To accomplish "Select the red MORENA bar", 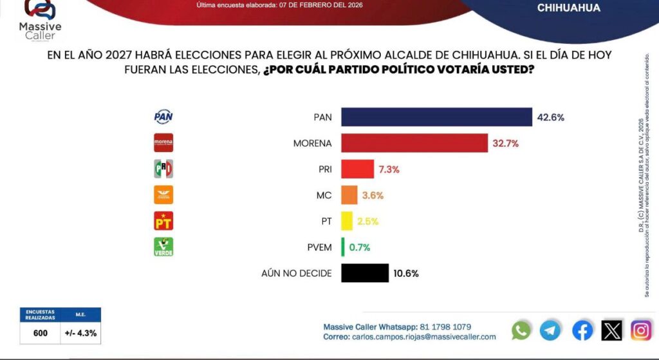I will [x=414, y=143].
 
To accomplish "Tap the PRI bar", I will [x=357, y=169].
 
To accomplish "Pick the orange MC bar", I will [x=349, y=195].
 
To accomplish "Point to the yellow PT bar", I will [x=347, y=221].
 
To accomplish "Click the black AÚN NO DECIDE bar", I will [x=365, y=273].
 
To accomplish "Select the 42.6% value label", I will [x=550, y=117].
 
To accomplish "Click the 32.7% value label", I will [x=506, y=143].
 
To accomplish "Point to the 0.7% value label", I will [x=359, y=247].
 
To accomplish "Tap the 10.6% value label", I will [x=405, y=273].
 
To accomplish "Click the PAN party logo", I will [x=163, y=117].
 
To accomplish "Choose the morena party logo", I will [x=163, y=143].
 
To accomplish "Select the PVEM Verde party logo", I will [x=163, y=247].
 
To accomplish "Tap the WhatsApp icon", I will [x=521, y=330].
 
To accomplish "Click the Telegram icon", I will [x=550, y=330].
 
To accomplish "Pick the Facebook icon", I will [x=582, y=330].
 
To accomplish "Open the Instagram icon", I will [x=641, y=330].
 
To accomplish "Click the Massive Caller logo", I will [x=40, y=19].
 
